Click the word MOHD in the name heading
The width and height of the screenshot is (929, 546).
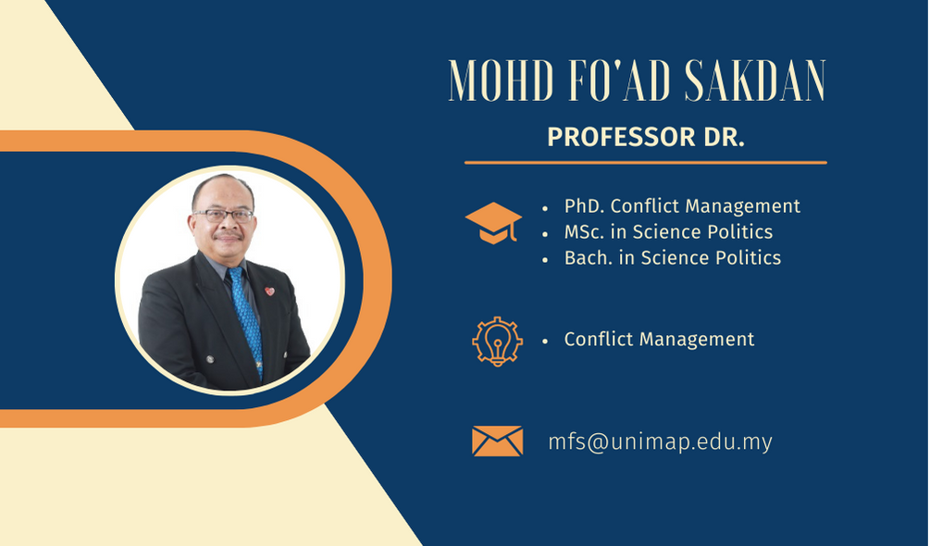pos(502,81)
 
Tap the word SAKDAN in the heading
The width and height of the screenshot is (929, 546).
pos(755,81)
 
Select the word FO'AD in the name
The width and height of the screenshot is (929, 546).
pos(619,81)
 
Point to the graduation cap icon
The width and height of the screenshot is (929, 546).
pos(493,224)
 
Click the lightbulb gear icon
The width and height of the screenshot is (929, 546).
pos(497,341)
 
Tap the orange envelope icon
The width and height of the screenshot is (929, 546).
pos(497,441)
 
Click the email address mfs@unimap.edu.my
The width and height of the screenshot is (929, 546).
pos(660,442)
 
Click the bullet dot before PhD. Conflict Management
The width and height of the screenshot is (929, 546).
pos(545,208)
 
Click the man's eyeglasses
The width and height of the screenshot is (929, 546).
pos(223,216)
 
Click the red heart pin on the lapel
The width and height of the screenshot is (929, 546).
pos(269,292)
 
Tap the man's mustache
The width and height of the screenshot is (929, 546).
pos(229,235)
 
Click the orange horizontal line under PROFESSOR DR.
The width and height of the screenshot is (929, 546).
pos(645,162)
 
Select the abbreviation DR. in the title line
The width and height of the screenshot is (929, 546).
pos(724,137)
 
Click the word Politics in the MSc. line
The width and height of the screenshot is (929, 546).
pos(739,231)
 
